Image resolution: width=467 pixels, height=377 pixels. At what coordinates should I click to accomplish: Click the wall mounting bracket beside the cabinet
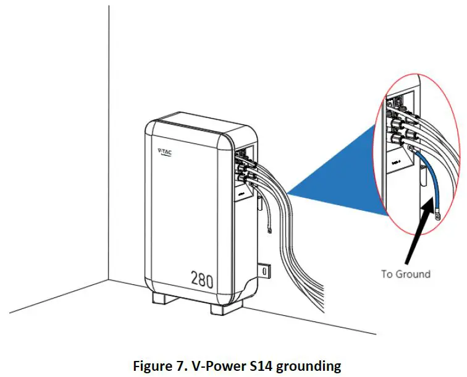264,271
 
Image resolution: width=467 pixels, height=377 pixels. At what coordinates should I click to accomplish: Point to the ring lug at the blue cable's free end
437,216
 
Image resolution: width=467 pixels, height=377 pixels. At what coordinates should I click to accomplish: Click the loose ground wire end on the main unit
270,232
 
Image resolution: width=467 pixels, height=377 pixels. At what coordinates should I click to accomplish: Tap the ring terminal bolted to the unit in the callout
410,150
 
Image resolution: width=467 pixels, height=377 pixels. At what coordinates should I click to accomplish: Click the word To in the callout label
388,273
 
